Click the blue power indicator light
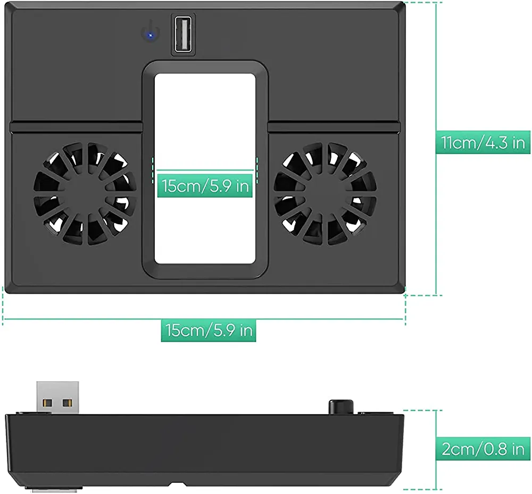(x=151, y=36)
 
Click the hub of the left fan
(x=85, y=193)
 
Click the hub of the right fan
(x=325, y=193)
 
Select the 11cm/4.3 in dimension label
(x=483, y=142)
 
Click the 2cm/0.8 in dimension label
(x=483, y=449)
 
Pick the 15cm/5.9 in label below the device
(x=209, y=330)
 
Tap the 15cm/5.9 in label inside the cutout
(x=205, y=186)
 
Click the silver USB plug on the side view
(x=57, y=397)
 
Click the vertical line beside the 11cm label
(x=436, y=80)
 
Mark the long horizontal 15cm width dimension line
(x=106, y=319)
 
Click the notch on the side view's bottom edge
(x=177, y=484)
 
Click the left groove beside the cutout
(x=74, y=127)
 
